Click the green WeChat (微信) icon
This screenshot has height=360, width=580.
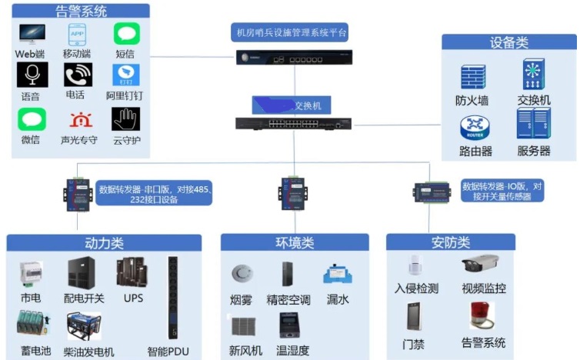32,119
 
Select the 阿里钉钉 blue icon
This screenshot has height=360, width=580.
125,75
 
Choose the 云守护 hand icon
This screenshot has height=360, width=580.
125,119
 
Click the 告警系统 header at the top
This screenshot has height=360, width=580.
82,12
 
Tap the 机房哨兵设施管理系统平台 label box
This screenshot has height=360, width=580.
291,32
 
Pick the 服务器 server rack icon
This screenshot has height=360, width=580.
533,123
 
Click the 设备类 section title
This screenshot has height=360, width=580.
509,42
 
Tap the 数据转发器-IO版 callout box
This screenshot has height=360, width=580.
502,191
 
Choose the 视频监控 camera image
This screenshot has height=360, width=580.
482,266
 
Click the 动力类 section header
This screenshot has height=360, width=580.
104,243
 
